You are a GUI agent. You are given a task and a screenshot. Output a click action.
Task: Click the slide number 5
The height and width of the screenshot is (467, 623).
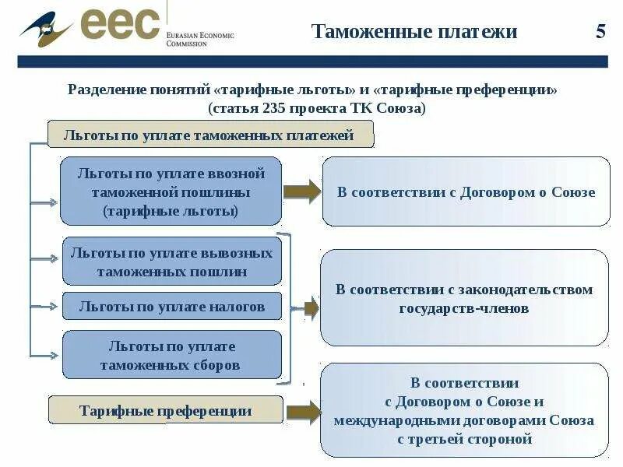point(600,32)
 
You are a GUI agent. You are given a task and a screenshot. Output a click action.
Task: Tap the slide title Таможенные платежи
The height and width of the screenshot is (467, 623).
point(414,32)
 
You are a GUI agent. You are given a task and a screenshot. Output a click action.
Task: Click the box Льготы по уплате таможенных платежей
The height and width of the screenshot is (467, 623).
point(210,135)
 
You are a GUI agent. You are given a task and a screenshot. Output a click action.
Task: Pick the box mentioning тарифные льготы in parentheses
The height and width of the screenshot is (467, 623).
point(171,191)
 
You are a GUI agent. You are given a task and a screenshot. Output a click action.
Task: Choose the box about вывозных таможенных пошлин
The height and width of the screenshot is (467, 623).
point(171,262)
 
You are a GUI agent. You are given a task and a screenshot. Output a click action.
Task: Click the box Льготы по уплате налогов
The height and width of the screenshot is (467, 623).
point(171,307)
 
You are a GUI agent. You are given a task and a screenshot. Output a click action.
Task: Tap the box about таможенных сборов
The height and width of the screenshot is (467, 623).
point(171,355)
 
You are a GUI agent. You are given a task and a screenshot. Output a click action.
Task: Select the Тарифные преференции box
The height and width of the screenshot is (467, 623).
point(166,410)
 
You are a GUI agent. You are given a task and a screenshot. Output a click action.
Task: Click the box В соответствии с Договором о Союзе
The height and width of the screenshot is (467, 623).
point(466,192)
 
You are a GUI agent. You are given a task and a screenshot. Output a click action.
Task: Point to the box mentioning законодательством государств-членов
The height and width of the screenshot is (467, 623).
point(464,298)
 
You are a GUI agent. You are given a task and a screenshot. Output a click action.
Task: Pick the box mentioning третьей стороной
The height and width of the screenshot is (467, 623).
point(464,410)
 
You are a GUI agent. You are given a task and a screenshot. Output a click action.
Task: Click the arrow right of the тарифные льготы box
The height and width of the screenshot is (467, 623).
point(302,191)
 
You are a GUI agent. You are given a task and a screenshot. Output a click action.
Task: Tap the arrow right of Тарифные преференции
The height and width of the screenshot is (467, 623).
point(303,412)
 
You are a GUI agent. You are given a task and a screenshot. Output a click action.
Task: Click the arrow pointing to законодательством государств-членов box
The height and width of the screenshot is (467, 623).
point(309,309)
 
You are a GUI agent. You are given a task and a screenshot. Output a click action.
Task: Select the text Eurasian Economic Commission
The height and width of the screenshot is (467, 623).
point(199,39)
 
